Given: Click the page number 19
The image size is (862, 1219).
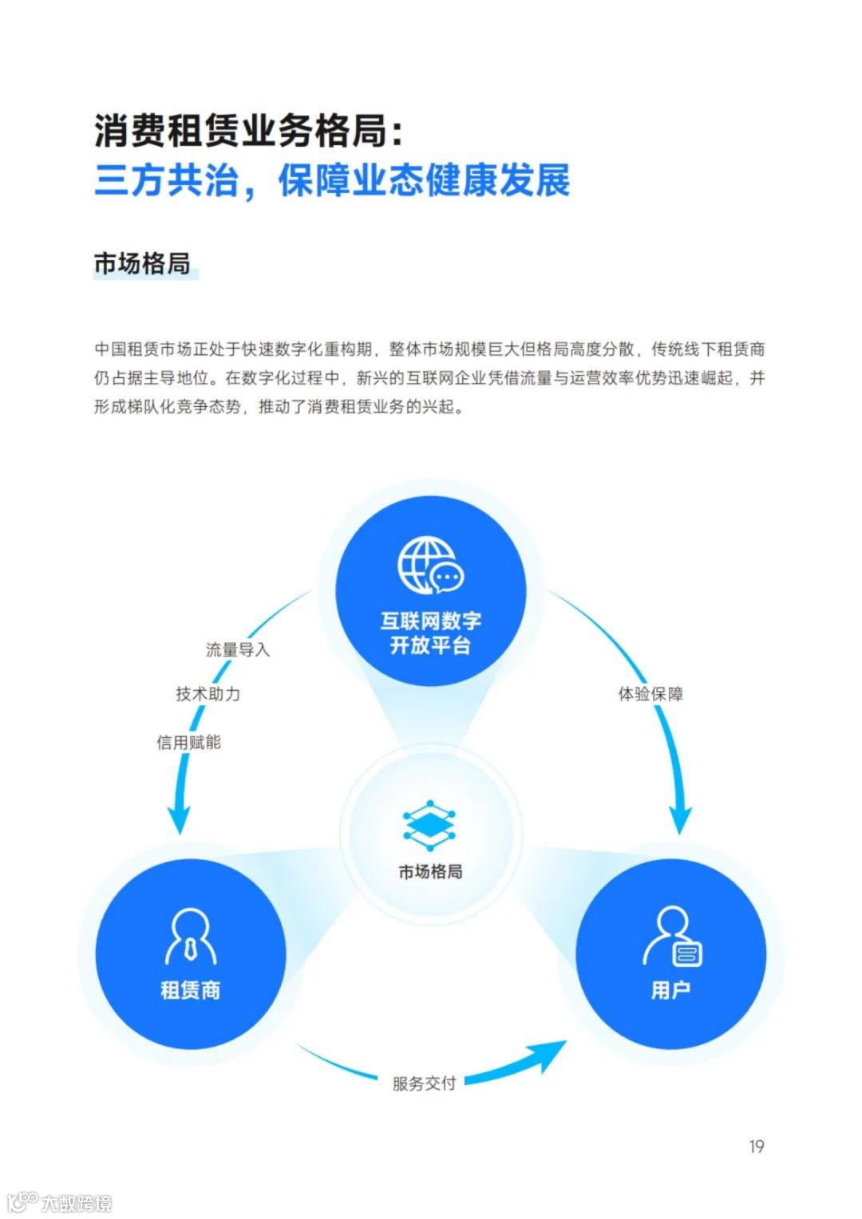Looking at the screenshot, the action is click(756, 1146).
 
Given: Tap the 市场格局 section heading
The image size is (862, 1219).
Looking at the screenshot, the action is click(142, 263).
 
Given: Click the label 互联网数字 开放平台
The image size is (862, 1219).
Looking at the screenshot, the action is click(430, 633).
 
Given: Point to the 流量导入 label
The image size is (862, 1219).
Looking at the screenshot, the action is click(238, 649).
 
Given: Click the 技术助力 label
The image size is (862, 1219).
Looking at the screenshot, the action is click(208, 694).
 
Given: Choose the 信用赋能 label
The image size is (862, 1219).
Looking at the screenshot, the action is click(188, 743).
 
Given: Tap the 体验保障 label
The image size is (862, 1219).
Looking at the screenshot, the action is click(650, 694).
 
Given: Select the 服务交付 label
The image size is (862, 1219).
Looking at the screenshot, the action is click(424, 1083).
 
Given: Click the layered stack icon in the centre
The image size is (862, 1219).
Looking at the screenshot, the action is click(430, 825).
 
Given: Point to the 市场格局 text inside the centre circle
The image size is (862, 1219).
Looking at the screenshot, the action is click(430, 872).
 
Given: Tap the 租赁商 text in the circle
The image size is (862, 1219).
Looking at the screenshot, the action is click(190, 991).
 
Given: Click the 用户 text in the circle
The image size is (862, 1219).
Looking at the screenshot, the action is click(670, 991).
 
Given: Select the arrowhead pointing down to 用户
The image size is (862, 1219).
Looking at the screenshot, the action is click(680, 818).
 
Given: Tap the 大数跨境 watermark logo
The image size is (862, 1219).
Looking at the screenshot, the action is click(60, 1201).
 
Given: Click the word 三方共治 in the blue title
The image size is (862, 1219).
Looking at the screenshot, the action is click(166, 181).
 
